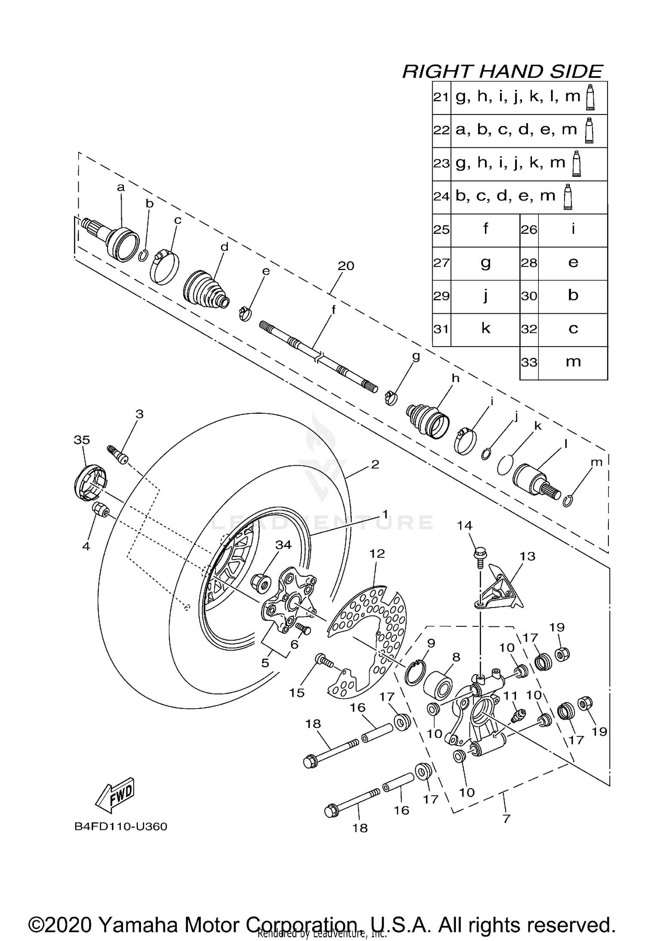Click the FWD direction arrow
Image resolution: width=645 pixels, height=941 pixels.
[x=115, y=793]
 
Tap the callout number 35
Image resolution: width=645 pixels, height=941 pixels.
[x=82, y=440]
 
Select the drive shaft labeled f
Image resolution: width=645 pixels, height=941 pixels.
[x=318, y=355]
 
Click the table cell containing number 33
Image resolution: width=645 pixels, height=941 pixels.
[x=529, y=362]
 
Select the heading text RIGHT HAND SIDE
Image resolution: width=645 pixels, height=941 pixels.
[x=502, y=71]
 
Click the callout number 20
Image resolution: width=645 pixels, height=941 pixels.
[x=346, y=266]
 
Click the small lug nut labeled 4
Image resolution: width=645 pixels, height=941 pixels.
[x=99, y=510]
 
